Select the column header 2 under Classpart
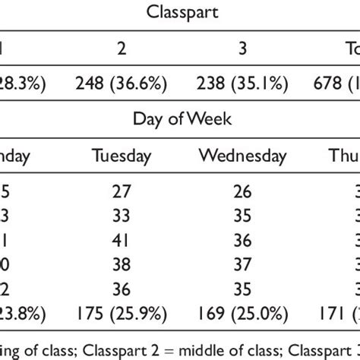[x=121, y=47]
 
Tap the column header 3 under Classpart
[x=243, y=47]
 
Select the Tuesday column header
[x=122, y=156]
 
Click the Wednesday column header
[x=242, y=156]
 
